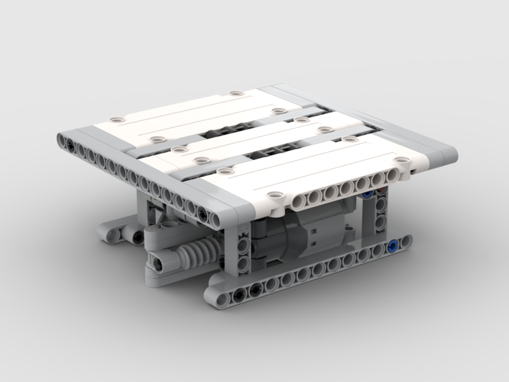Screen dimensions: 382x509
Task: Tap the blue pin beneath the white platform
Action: (x=365, y=195)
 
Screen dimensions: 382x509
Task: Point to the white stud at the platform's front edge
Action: (x=275, y=195)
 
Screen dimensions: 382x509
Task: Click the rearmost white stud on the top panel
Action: (x=235, y=94)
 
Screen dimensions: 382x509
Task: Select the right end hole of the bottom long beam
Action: (x=405, y=242)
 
